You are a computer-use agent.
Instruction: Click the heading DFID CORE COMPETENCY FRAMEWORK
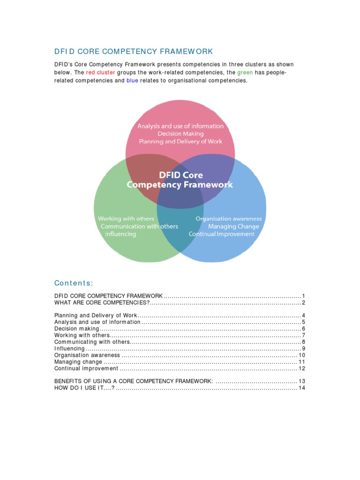click(134, 51)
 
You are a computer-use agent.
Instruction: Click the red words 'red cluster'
click(100, 73)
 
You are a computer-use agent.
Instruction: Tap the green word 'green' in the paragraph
click(245, 73)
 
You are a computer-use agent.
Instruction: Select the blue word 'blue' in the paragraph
click(132, 81)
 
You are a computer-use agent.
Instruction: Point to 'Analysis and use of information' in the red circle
click(180, 126)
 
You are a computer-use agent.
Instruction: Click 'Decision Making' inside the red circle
click(180, 134)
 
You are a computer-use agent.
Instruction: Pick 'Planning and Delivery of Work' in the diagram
click(180, 141)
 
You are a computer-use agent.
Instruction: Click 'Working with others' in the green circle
click(126, 219)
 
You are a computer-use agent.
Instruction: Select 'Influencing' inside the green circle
click(120, 234)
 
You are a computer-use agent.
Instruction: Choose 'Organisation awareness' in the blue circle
click(229, 219)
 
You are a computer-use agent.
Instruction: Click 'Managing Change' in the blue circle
click(233, 226)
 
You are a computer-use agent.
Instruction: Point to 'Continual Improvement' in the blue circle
click(222, 234)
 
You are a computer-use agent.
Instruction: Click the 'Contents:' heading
click(74, 283)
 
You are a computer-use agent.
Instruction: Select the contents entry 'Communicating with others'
click(91, 342)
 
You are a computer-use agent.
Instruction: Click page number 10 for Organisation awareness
click(302, 355)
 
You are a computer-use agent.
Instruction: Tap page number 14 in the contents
click(302, 388)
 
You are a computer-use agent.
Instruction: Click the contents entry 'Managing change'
click(78, 362)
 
